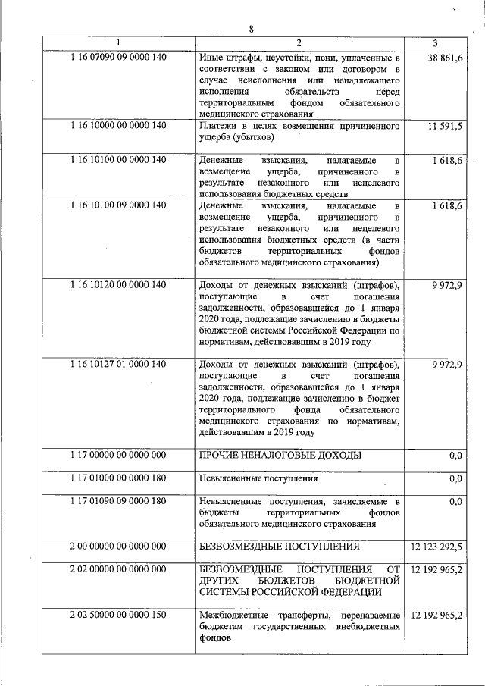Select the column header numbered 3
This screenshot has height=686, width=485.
click(x=445, y=42)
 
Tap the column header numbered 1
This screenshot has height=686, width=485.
click(x=117, y=42)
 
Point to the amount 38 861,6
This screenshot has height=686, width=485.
click(x=446, y=57)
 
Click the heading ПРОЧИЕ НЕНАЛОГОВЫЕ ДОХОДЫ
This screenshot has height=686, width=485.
click(x=280, y=455)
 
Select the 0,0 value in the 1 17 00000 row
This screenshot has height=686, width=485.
click(x=455, y=455)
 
